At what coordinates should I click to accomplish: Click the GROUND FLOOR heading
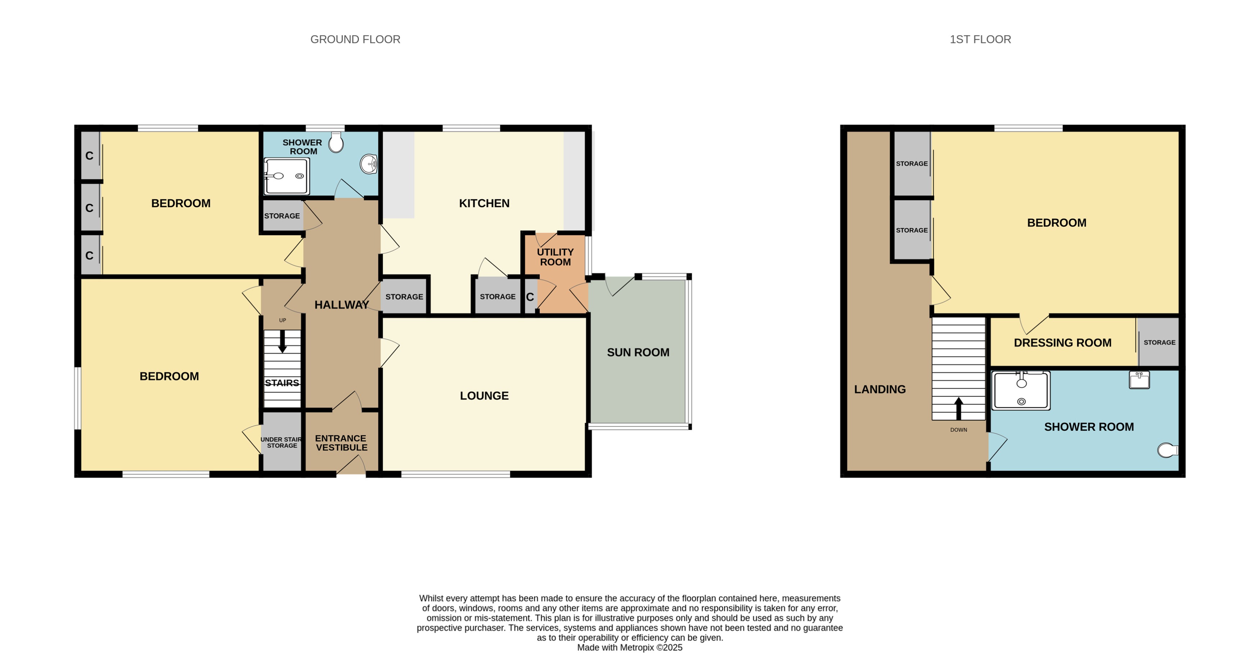point(355,39)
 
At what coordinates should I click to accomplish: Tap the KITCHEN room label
point(484,203)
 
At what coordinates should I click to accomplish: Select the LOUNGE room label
point(484,396)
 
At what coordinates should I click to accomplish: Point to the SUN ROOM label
point(638,352)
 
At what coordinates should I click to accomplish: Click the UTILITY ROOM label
point(555,257)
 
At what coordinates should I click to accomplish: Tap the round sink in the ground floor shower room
point(369,164)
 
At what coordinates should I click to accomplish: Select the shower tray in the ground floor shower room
point(287,176)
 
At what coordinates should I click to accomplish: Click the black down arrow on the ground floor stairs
point(282,342)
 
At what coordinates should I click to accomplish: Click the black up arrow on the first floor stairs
point(958,408)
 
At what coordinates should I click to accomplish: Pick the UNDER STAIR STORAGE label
point(282,443)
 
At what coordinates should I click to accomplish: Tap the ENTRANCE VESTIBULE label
point(341,443)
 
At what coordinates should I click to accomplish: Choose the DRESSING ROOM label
point(1062,343)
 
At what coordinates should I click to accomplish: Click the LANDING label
point(879,389)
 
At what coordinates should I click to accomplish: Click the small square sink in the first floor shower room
point(1139,379)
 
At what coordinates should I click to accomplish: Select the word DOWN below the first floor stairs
point(958,430)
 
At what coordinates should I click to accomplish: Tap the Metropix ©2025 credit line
point(630,647)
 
